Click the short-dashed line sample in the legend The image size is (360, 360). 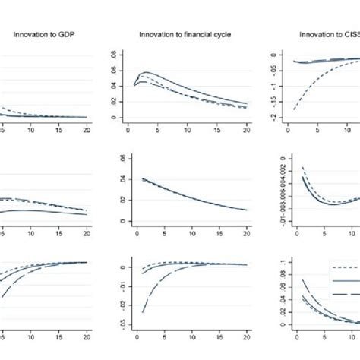tap(346, 267)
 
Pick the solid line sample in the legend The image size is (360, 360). tap(346, 280)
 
